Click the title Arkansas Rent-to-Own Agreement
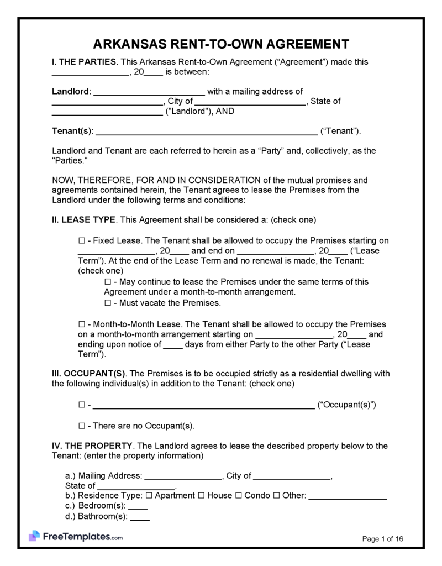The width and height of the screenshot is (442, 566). point(220,44)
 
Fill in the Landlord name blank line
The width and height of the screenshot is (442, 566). point(149,92)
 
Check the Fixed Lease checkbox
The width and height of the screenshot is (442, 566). point(82,241)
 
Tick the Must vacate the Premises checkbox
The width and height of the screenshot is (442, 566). point(108,303)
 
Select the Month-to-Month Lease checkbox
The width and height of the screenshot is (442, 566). point(82,324)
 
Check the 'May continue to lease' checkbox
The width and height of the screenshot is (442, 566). point(108,282)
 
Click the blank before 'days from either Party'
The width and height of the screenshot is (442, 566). point(173,345)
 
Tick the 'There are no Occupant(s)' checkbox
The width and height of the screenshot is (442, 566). point(82,426)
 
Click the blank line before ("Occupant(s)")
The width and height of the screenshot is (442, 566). point(203,405)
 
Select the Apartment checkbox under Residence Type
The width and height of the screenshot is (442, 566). point(150,496)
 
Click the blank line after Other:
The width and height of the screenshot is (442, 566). point(348,496)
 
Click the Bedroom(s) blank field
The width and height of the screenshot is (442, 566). point(138,506)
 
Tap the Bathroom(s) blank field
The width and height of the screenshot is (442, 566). point(140,517)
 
